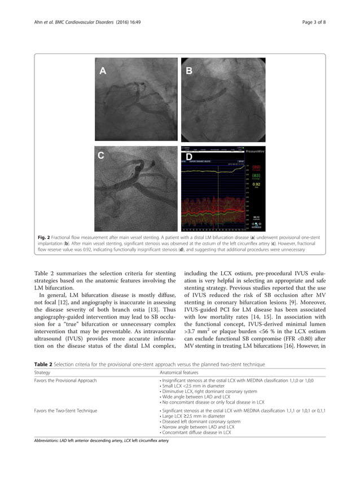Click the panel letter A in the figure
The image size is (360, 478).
click(x=103, y=70)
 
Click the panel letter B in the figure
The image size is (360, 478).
click(x=190, y=70)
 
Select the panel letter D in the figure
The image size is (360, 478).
click(x=190, y=156)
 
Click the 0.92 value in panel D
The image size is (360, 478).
click(x=256, y=184)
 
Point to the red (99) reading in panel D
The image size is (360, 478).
click(x=256, y=167)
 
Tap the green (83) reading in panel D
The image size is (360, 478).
click(x=256, y=176)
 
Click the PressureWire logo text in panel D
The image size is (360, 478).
click(x=255, y=152)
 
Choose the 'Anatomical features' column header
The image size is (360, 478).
click(x=179, y=373)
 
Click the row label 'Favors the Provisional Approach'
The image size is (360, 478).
click(x=65, y=381)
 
